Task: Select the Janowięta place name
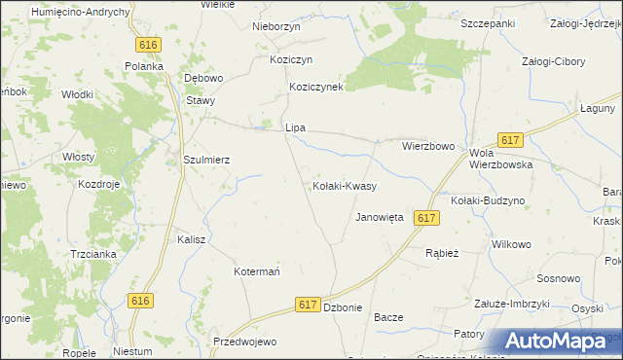380,218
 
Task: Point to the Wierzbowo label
428,146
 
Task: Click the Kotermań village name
257,271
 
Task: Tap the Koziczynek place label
316,87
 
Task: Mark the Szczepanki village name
488,22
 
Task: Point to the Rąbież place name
442,252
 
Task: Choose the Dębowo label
204,78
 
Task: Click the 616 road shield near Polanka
148,46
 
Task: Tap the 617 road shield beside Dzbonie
309,305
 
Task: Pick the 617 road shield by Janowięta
423,219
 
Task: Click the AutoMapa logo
558,342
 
